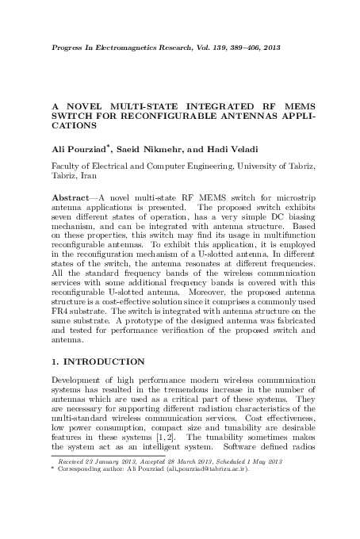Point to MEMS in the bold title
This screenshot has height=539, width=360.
point(295,104)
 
